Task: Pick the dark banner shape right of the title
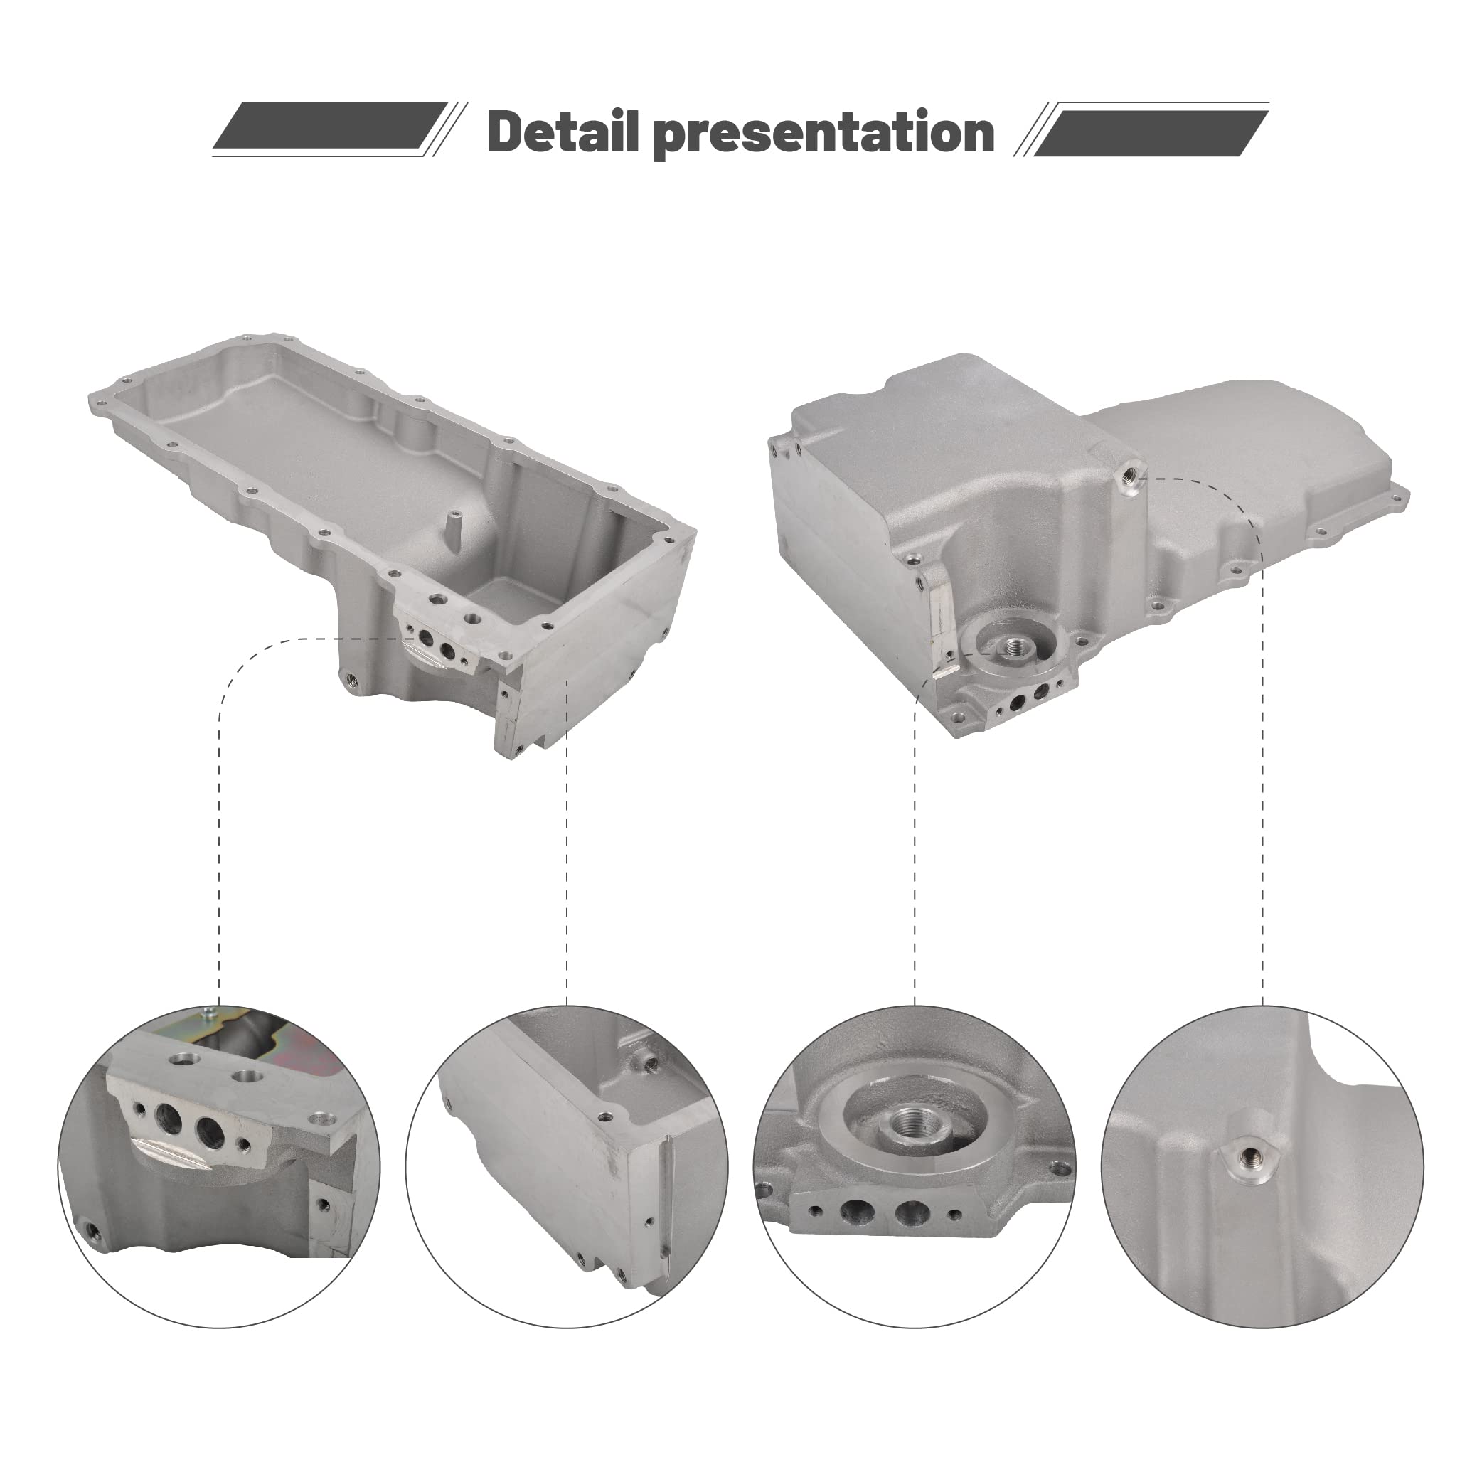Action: coord(1151,133)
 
